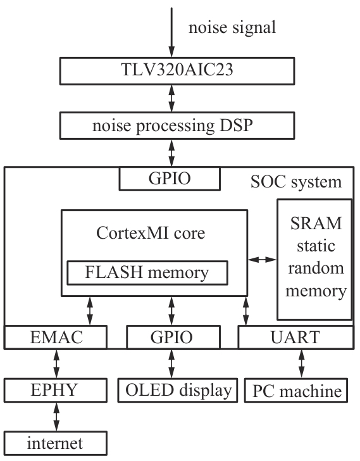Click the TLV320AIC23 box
point(177,71)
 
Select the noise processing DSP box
point(177,125)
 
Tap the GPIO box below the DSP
point(170,179)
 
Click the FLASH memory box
point(147,273)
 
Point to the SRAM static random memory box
point(314,260)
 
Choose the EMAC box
point(56,338)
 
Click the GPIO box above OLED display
point(173,338)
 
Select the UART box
point(295,338)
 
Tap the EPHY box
point(56,391)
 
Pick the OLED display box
point(178,391)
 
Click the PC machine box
point(296,391)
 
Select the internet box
point(56,443)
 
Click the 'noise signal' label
point(232,28)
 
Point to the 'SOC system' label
point(296,182)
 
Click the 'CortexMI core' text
point(151,233)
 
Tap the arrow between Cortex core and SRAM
point(262,260)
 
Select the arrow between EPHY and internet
point(56,417)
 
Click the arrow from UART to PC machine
point(301,364)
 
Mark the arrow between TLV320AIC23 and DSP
point(171,99)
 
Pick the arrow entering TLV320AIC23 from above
point(171,32)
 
